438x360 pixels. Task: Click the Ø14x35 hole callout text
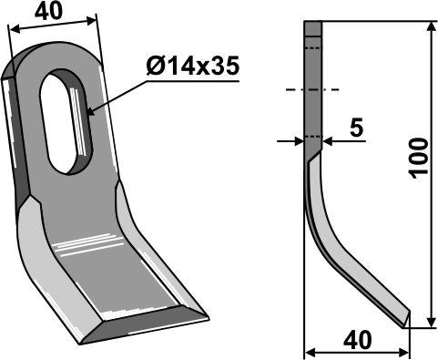coord(193,66)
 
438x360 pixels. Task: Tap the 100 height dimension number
coord(418,159)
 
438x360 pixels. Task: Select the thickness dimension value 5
coord(356,128)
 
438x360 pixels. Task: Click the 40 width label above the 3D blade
coord(48,12)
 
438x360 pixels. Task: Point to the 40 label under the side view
coord(357,340)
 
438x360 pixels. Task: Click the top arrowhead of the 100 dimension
coord(431,26)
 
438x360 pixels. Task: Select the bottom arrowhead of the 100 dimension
coord(431,322)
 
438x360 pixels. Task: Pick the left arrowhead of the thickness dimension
coord(299,141)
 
